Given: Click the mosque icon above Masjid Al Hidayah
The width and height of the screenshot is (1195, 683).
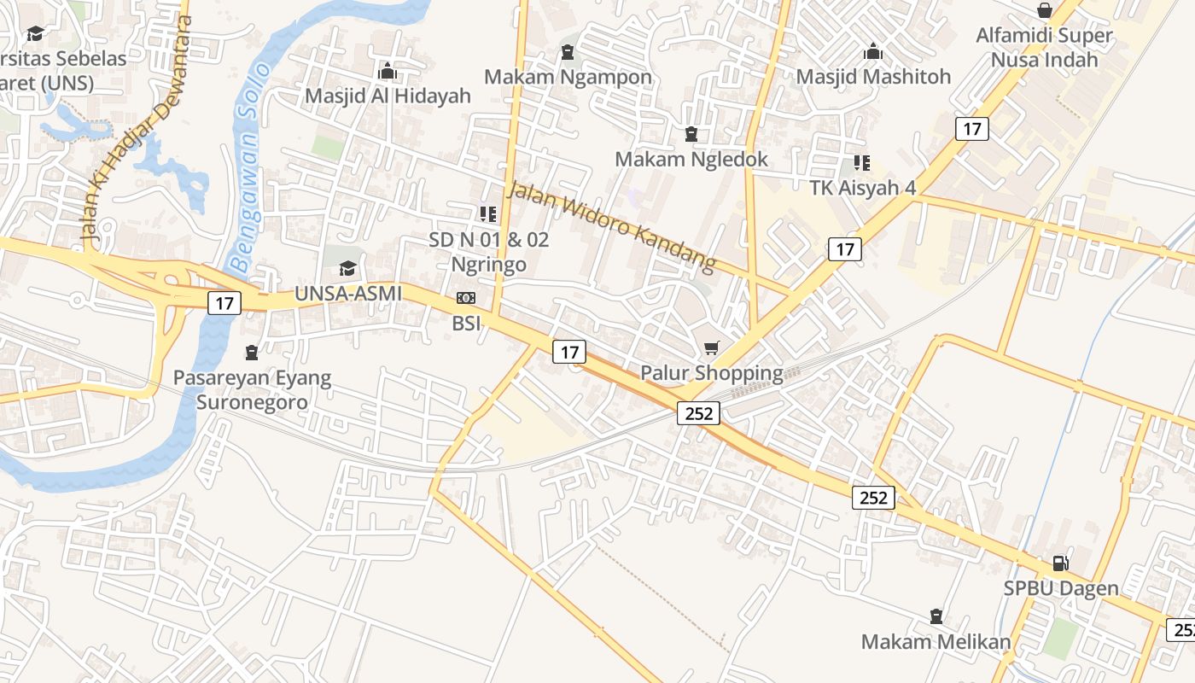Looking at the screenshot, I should coord(388,71).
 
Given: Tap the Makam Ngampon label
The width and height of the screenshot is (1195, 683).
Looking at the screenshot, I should coord(568,77).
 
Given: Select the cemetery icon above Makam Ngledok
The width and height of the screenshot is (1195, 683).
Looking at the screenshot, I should coord(691,134).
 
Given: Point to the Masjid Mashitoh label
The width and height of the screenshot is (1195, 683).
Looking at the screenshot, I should coord(873,77).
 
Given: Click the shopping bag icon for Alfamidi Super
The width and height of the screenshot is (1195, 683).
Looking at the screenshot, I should coord(1044,10).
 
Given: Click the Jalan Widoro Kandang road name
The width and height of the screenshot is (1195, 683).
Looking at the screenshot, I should coord(610,226).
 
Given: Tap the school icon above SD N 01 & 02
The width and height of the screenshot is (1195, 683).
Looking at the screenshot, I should coord(488,214).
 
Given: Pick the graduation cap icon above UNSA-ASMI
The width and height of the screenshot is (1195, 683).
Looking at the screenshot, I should coord(347,269).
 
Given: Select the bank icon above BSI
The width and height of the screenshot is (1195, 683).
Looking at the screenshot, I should coord(466,298).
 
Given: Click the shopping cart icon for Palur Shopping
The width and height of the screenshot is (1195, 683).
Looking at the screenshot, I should coord(712,347).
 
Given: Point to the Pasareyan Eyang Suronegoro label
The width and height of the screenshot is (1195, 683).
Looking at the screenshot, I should coord(252,389).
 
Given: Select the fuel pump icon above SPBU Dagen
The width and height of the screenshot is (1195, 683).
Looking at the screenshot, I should coord(1060,563).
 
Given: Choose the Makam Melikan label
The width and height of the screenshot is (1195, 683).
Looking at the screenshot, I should coord(936,642).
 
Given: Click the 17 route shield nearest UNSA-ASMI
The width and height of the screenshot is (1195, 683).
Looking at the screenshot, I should coord(224,302).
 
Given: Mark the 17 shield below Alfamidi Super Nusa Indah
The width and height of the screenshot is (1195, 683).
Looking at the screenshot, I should coord(971,129).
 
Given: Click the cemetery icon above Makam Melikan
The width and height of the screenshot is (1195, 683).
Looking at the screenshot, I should coord(936,616).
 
